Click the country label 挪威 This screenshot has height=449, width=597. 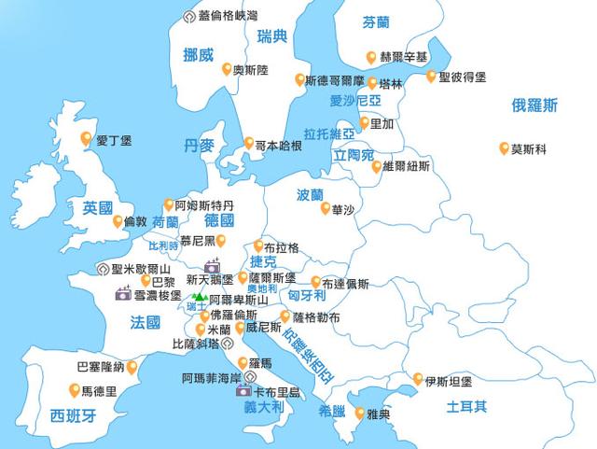point(200,54)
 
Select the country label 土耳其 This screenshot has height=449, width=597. point(466,406)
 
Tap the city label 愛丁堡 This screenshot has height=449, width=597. point(114,141)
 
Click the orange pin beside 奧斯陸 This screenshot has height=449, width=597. point(226,68)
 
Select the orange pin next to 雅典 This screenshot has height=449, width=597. point(359,410)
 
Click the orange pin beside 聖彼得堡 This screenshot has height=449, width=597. point(430,76)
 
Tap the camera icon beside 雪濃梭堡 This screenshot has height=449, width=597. point(123,294)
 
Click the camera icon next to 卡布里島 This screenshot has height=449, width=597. point(243,391)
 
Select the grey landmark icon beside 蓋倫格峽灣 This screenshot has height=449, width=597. point(192,15)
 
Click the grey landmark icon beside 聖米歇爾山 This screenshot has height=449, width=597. point(102,269)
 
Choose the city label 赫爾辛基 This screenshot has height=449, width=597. point(404,57)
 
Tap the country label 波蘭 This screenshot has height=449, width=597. point(310,196)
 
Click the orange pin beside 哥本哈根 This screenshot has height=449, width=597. point(248,144)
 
